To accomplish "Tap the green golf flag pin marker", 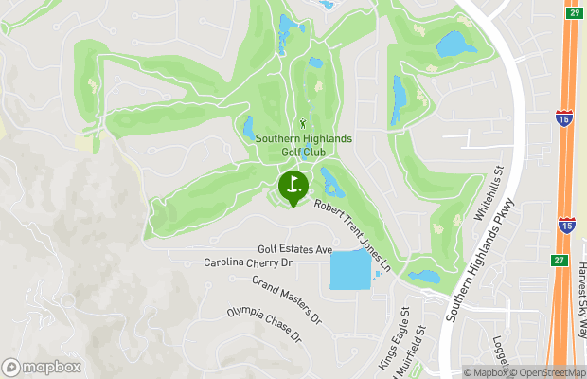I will coord(293,186).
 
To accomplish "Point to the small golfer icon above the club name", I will coord(303,123).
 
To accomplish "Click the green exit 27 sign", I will coord(560,259).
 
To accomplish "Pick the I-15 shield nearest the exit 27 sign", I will coord(566,226).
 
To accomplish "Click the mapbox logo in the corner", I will coord(42,366).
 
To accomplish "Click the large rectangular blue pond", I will coord(350,270).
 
